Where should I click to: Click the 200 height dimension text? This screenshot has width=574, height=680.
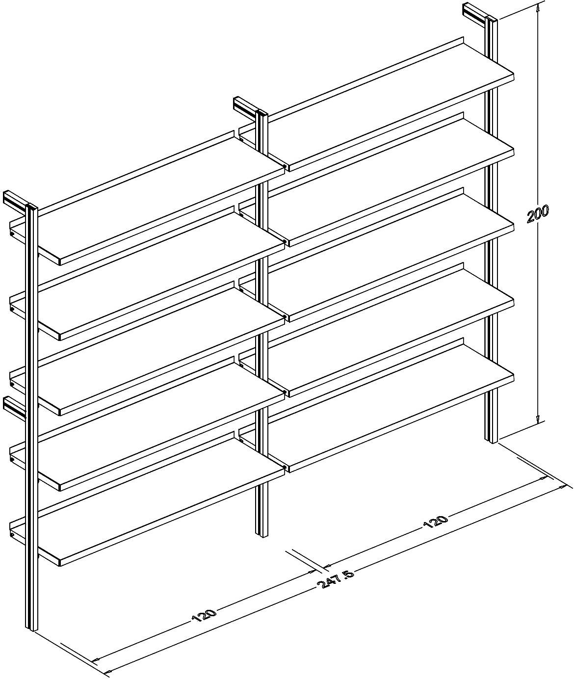click(538, 214)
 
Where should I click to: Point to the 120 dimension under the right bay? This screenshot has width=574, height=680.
click(436, 526)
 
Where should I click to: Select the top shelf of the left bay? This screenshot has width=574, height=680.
click(147, 198)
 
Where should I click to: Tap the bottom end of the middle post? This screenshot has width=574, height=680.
click(261, 534)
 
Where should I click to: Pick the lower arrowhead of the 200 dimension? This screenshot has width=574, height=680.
click(538, 420)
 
